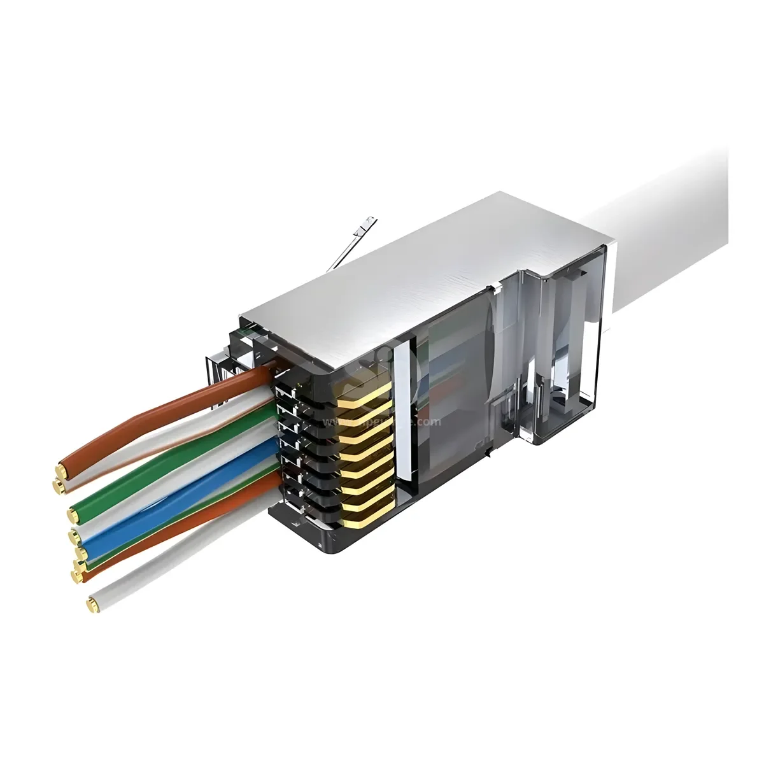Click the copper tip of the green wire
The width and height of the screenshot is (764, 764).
74,514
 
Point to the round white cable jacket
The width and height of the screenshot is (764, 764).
668,210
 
